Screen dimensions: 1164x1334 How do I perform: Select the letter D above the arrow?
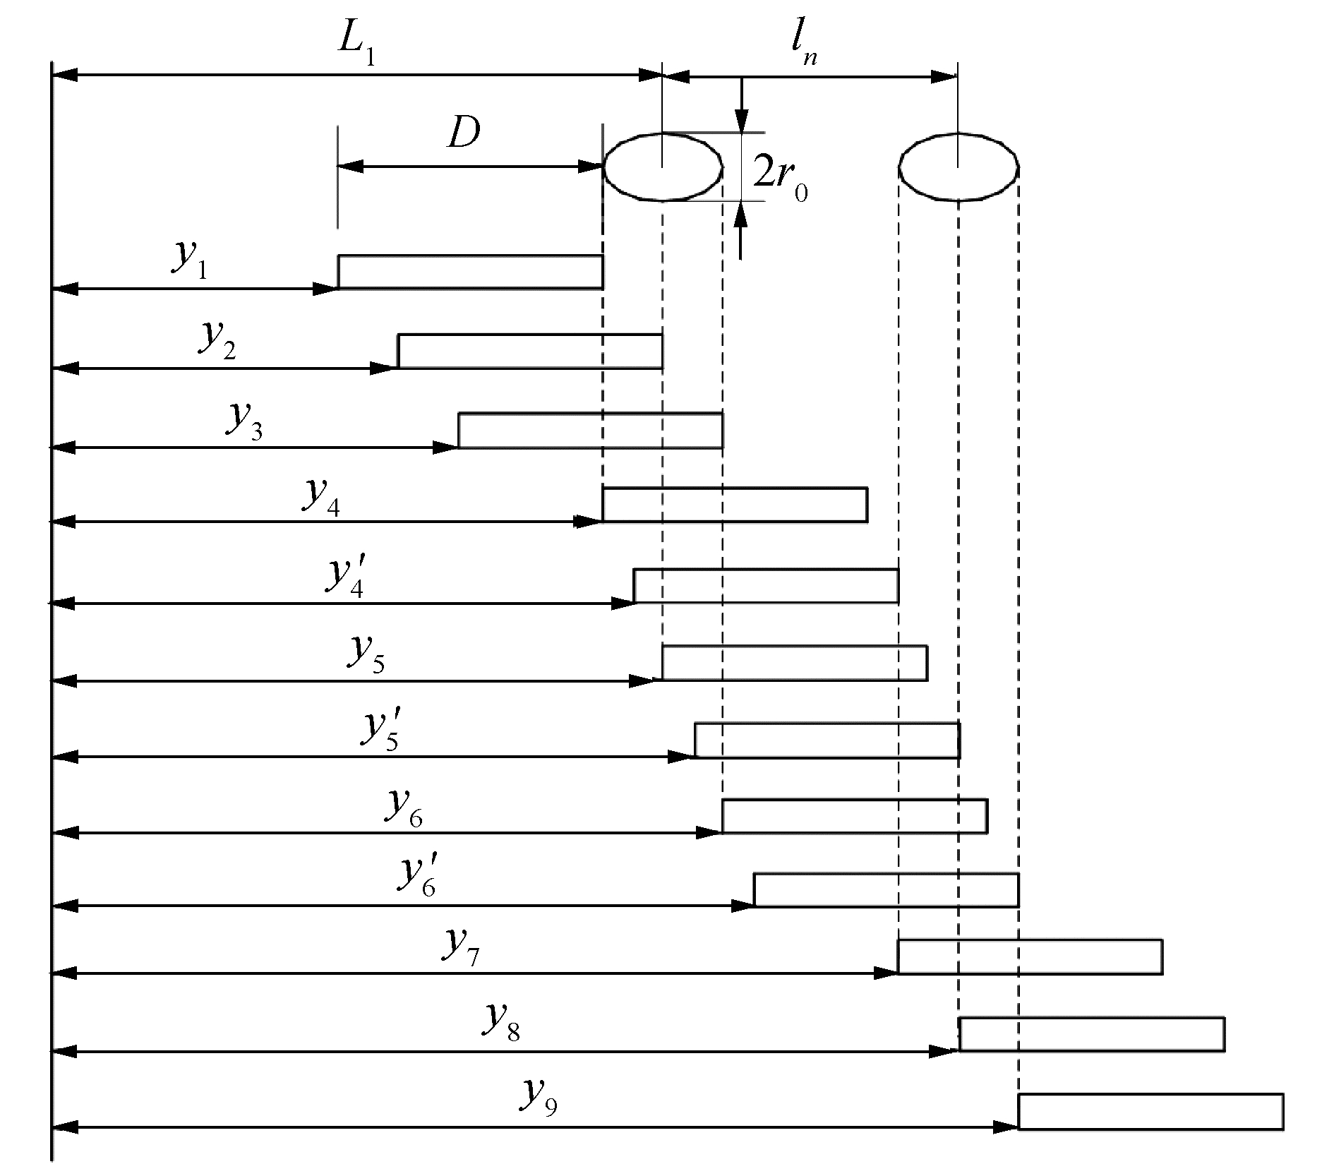[x=464, y=133]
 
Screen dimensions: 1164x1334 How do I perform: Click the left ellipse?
[x=662, y=167]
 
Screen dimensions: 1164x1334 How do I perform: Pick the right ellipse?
[x=958, y=167]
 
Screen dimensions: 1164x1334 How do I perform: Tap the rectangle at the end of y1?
[x=470, y=272]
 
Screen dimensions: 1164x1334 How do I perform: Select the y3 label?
[x=244, y=421]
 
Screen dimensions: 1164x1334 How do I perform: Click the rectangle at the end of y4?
[x=734, y=505]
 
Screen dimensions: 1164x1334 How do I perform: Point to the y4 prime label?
[x=346, y=577]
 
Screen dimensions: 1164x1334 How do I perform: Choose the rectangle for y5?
[x=794, y=663]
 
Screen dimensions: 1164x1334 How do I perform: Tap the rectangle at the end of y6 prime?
[x=886, y=889]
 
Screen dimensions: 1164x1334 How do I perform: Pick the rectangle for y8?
[x=1091, y=1034]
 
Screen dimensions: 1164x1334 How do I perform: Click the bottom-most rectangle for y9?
[x=1150, y=1111]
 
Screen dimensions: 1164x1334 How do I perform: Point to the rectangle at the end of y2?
[x=529, y=352]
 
